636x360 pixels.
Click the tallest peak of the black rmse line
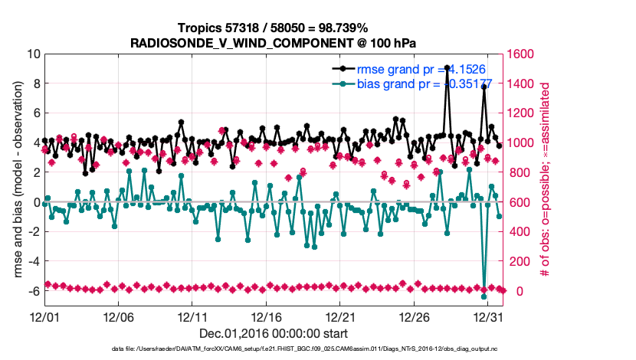tap(447, 67)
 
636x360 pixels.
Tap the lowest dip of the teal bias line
tap(484, 296)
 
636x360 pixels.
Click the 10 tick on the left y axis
tap(34, 54)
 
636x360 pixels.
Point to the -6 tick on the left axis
tap(34, 291)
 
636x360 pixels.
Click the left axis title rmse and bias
tap(16, 179)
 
